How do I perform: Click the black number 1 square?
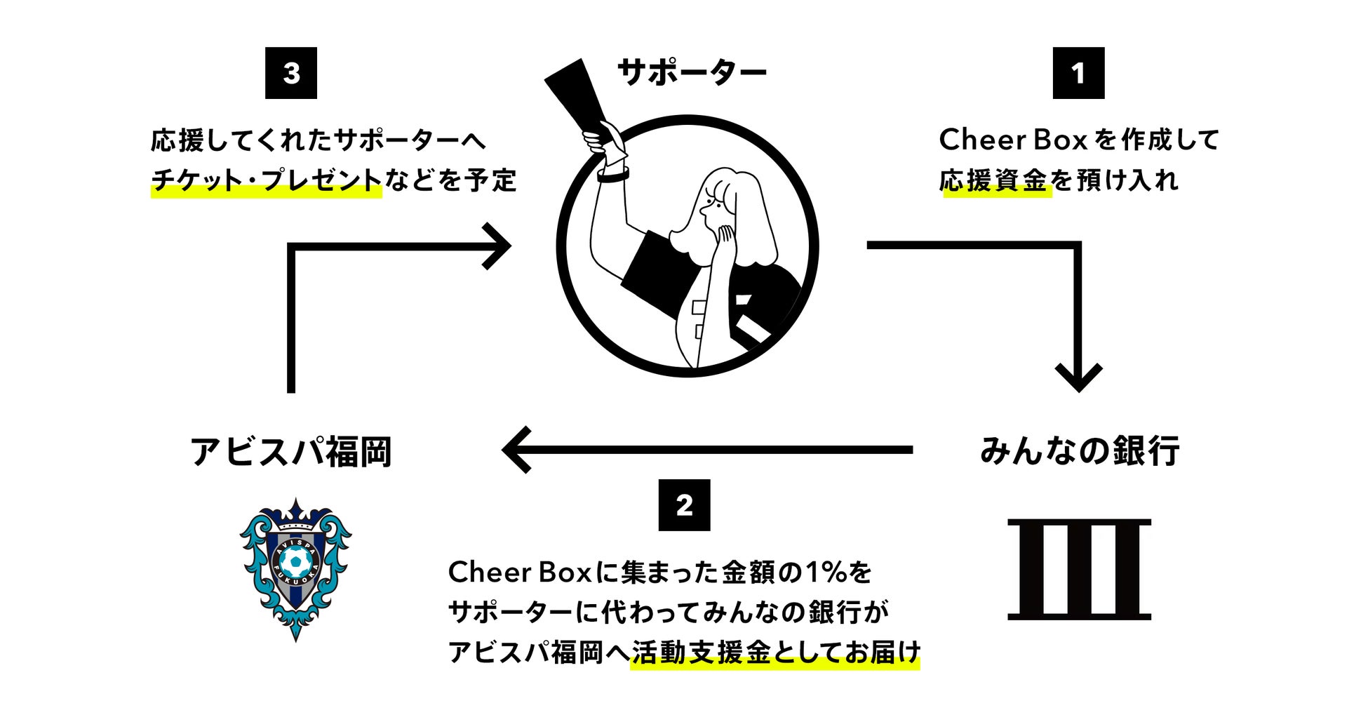1078,73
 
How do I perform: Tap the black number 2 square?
684,505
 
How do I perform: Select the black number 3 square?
291,73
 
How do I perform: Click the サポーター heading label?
692,73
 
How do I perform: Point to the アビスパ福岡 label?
291,451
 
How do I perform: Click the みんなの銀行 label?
1080,451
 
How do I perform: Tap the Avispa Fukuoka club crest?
295,568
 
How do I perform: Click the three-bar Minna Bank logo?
1079,569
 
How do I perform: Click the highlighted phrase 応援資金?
994,181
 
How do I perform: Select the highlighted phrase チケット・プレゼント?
267,181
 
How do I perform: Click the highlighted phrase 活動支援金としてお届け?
774,653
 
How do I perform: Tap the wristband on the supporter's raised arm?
612,173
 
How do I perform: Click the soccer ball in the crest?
295,561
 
